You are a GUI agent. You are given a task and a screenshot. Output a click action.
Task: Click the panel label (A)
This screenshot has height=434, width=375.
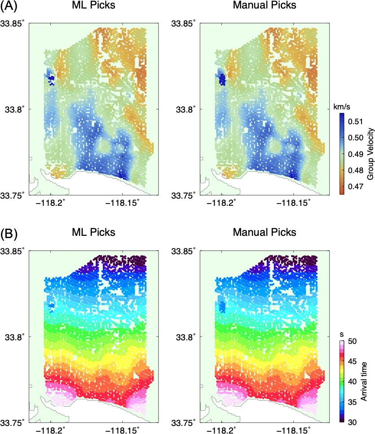tap(9, 6)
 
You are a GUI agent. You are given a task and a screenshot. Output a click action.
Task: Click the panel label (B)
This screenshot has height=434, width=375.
tap(9, 233)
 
